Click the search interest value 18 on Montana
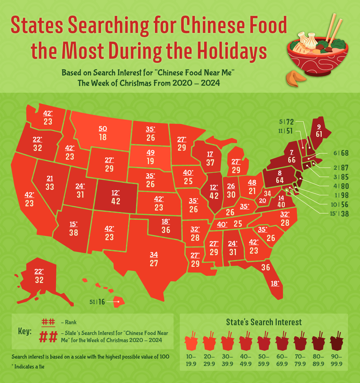point(103,137)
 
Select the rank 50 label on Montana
point(103,129)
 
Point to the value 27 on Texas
point(154,263)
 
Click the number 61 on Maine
point(319,134)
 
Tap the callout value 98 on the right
point(345,195)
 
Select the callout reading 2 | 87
point(341,168)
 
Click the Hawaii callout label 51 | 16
point(97,302)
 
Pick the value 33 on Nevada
point(50,187)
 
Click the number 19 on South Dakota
point(150,161)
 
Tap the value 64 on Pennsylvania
point(280,180)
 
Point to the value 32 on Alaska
point(39,280)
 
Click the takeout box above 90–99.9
point(337,341)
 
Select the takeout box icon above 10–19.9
point(191,341)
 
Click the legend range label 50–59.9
point(264,360)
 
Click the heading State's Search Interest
point(264,322)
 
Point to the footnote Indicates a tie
point(29,367)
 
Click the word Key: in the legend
point(25,331)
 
